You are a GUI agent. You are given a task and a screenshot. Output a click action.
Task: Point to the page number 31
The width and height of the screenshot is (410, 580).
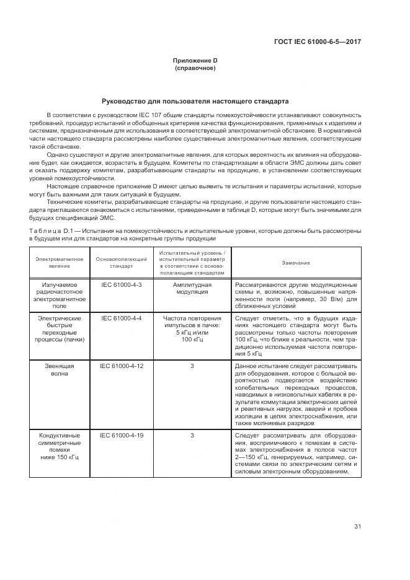point(357,527)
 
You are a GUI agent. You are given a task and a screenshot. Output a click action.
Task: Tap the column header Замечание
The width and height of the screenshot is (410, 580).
point(296,263)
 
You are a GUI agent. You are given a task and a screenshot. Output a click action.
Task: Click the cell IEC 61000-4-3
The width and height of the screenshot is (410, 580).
point(122,284)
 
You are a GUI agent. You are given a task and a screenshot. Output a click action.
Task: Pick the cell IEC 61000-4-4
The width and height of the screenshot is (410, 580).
point(122,318)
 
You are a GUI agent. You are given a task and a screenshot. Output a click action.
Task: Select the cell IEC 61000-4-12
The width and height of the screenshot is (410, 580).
point(122,366)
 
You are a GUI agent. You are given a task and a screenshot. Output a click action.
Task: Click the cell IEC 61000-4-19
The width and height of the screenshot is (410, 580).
point(122,436)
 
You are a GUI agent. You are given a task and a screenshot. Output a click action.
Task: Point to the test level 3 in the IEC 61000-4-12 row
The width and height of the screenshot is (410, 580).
point(192,366)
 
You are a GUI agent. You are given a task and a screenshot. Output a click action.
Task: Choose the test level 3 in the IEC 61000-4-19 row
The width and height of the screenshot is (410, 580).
point(192,436)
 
